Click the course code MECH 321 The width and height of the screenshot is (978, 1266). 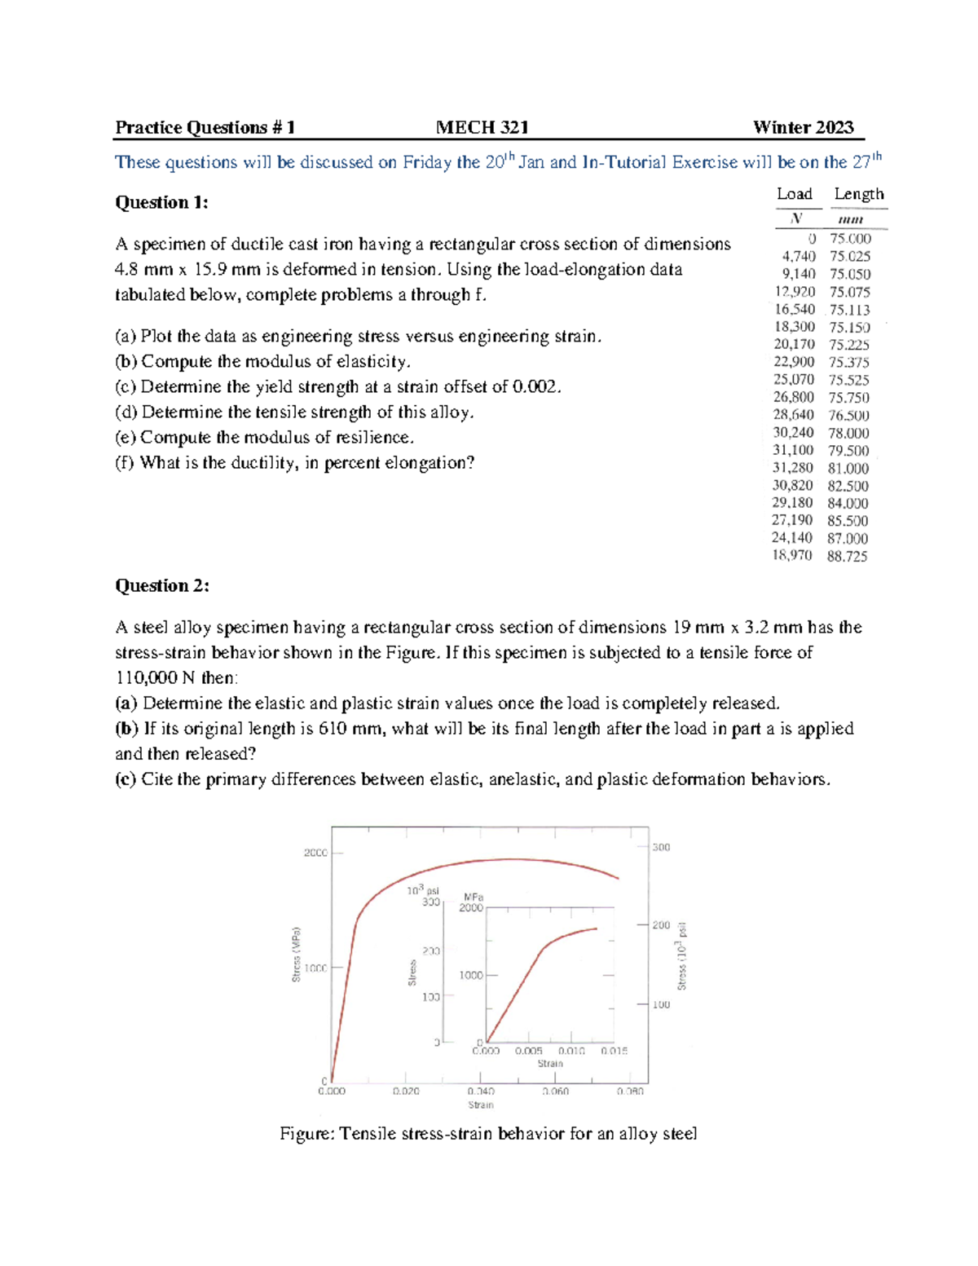[482, 127]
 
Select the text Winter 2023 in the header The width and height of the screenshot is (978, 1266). [803, 127]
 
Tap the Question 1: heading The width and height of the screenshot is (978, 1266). [161, 202]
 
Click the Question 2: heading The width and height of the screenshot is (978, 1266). [162, 585]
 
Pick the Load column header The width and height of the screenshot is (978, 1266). [794, 194]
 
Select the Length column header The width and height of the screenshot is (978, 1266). [858, 194]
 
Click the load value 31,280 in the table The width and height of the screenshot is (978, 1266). [792, 468]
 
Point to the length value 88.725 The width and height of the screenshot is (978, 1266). [847, 556]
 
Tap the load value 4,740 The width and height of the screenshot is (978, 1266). [798, 256]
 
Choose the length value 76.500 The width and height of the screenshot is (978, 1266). [848, 415]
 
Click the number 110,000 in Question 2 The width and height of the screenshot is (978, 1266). [147, 677]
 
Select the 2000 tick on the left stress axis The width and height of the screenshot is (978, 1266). [315, 853]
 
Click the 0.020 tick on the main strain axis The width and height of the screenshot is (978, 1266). [405, 1091]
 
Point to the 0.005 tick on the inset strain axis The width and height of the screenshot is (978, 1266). [528, 1051]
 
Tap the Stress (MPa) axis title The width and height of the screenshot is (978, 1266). [297, 954]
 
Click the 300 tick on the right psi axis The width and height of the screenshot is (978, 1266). [661, 847]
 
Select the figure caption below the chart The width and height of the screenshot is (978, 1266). [488, 1133]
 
